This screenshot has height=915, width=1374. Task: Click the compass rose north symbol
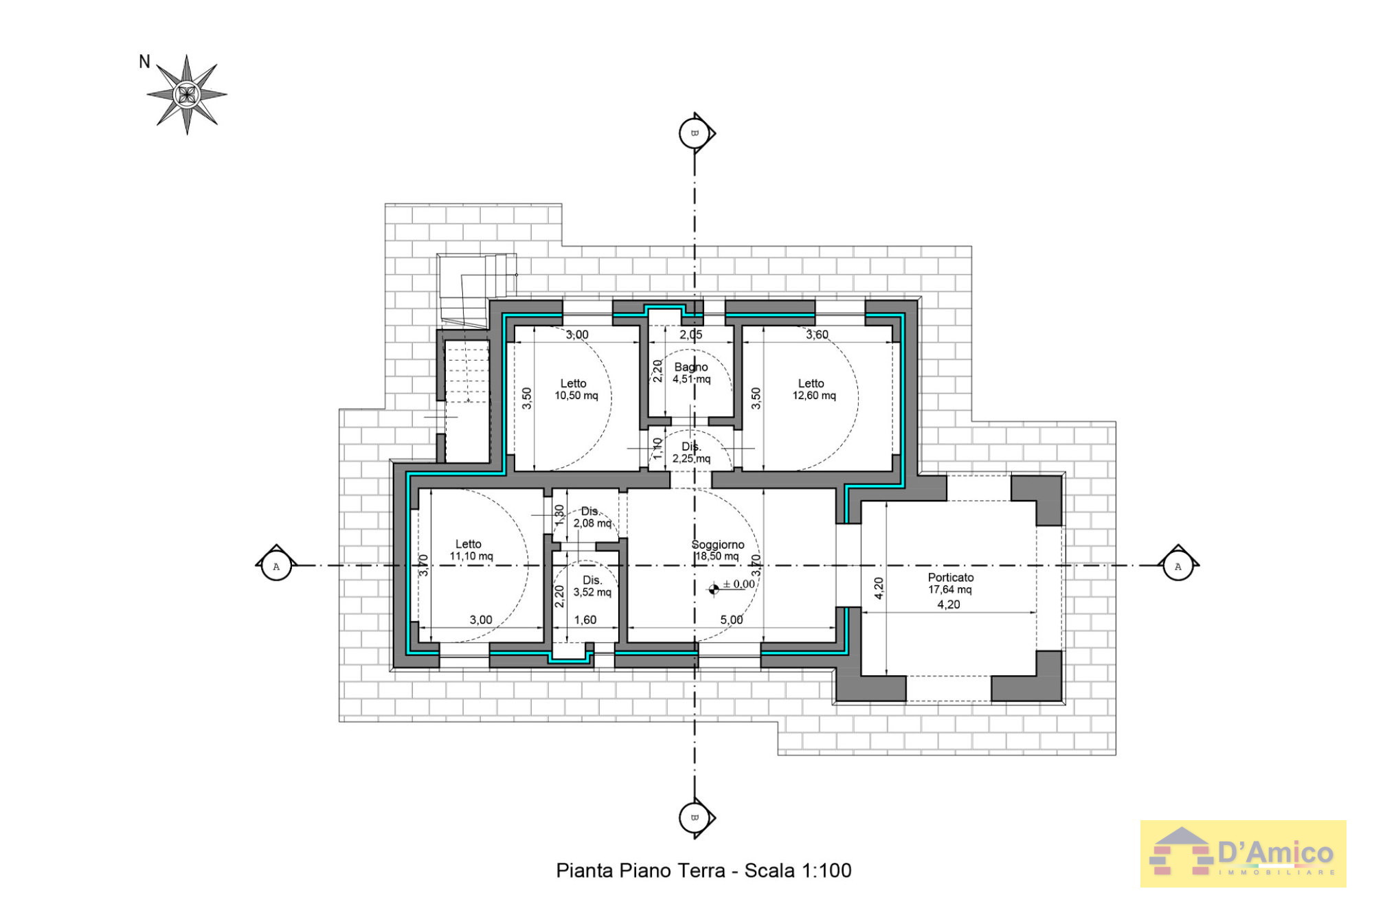coord(187,94)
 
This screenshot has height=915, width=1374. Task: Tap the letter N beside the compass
coord(144,62)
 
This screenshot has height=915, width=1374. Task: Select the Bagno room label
coord(690,367)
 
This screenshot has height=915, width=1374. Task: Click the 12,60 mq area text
coord(814,396)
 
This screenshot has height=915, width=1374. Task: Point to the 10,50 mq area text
coord(576,396)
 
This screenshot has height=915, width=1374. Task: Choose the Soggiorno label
coord(718,544)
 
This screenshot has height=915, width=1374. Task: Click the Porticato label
coord(951,577)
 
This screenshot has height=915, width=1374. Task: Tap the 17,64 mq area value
coord(950,589)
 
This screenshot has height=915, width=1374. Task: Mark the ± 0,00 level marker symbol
coord(714,589)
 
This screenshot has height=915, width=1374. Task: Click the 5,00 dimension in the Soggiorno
coord(732,620)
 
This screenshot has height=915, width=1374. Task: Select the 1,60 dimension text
coord(585,620)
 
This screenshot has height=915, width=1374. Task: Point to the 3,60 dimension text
coord(817,335)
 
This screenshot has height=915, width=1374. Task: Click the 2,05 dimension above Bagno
coord(691,335)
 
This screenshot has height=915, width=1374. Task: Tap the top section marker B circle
coord(694,133)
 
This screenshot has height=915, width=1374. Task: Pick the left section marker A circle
coord(277,566)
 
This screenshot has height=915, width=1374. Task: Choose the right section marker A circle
coord(1178,566)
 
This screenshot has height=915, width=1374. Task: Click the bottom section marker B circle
coord(694,817)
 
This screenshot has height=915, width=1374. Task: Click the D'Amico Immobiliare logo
coord(1243,854)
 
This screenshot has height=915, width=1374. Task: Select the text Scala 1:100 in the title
coord(798,870)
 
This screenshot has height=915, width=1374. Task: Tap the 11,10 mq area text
coord(471,556)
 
